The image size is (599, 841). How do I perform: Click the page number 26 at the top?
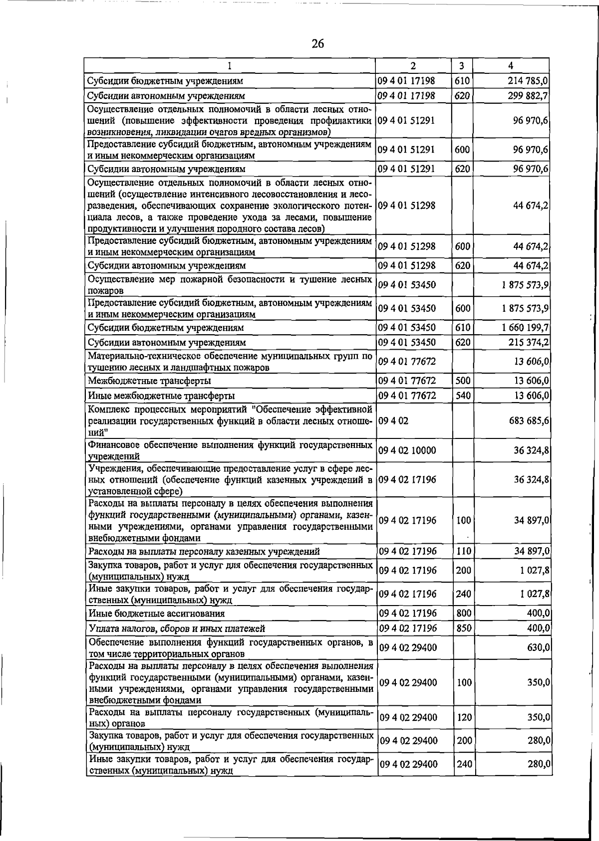[318, 44]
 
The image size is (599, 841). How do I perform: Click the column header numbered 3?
[462, 65]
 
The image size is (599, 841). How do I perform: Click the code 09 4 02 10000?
[408, 450]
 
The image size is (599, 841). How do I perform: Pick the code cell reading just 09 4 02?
[394, 420]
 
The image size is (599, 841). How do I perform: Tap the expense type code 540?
[463, 396]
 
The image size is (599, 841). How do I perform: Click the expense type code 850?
[464, 628]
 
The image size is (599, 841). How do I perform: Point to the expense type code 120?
[464, 717]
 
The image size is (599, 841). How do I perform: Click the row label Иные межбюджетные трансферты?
[161, 396]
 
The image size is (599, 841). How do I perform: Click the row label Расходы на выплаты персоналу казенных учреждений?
[204, 552]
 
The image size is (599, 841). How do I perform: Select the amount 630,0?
[539, 647]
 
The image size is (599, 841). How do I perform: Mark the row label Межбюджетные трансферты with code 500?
[149, 381]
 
